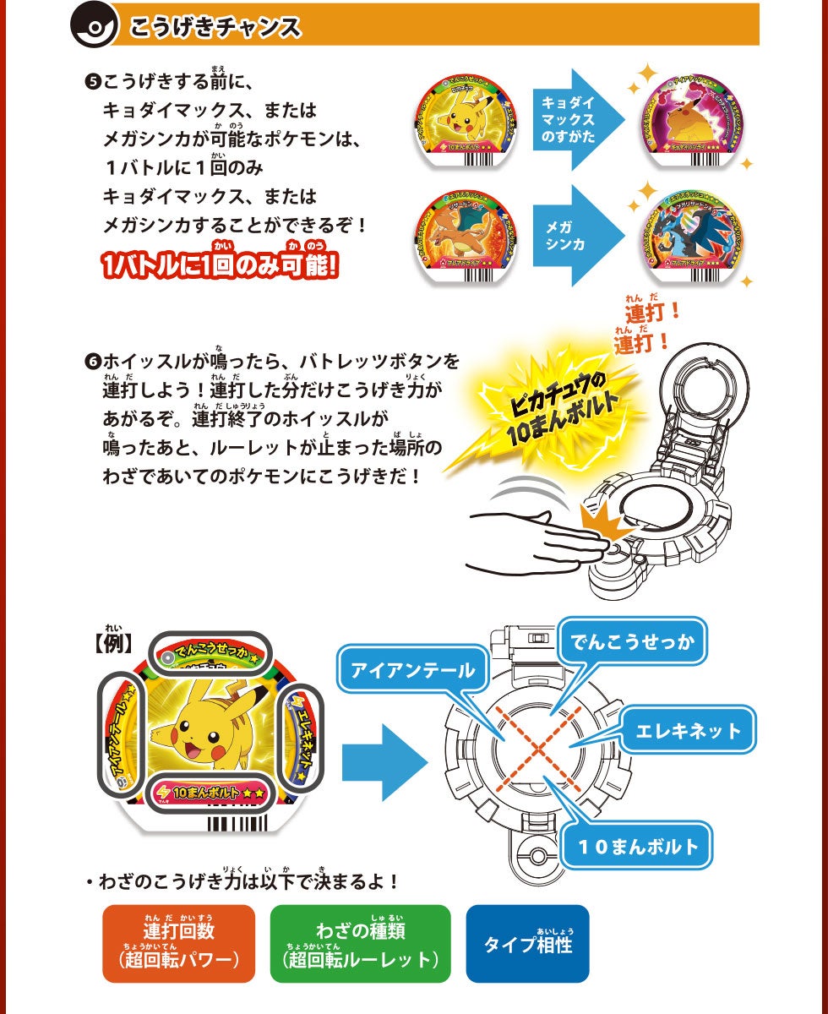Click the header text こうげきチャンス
(x=215, y=27)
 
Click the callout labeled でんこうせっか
(x=632, y=642)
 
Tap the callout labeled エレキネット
(x=688, y=731)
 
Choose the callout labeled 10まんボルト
(x=639, y=846)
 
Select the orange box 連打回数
(x=178, y=944)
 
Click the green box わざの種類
(x=361, y=944)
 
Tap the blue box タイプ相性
(x=527, y=944)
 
